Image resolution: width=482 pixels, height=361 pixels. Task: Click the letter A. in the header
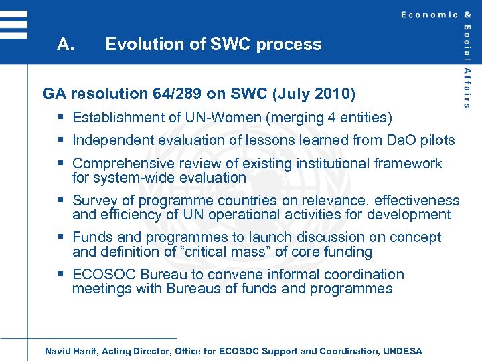(x=65, y=45)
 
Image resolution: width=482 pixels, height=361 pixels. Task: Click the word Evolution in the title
(x=139, y=45)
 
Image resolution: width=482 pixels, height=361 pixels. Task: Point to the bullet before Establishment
(x=61, y=118)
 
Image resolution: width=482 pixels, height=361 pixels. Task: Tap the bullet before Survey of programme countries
(x=61, y=200)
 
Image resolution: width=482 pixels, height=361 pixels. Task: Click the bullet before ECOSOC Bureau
(x=61, y=274)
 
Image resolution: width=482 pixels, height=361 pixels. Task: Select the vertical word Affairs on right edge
(x=467, y=88)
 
